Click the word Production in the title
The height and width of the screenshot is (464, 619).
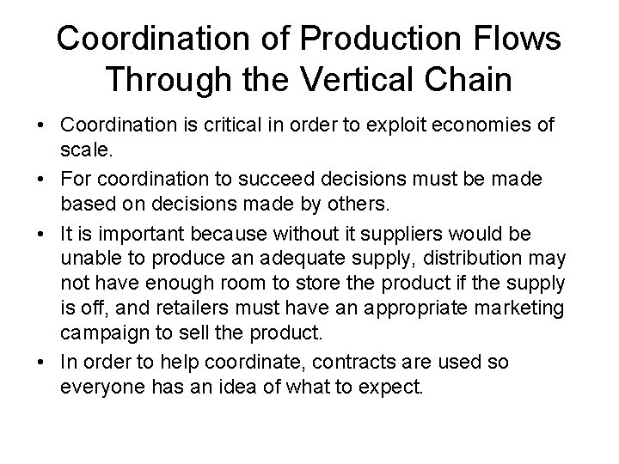click(365, 39)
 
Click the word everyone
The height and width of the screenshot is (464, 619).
click(98, 387)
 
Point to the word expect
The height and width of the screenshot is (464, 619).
click(391, 387)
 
